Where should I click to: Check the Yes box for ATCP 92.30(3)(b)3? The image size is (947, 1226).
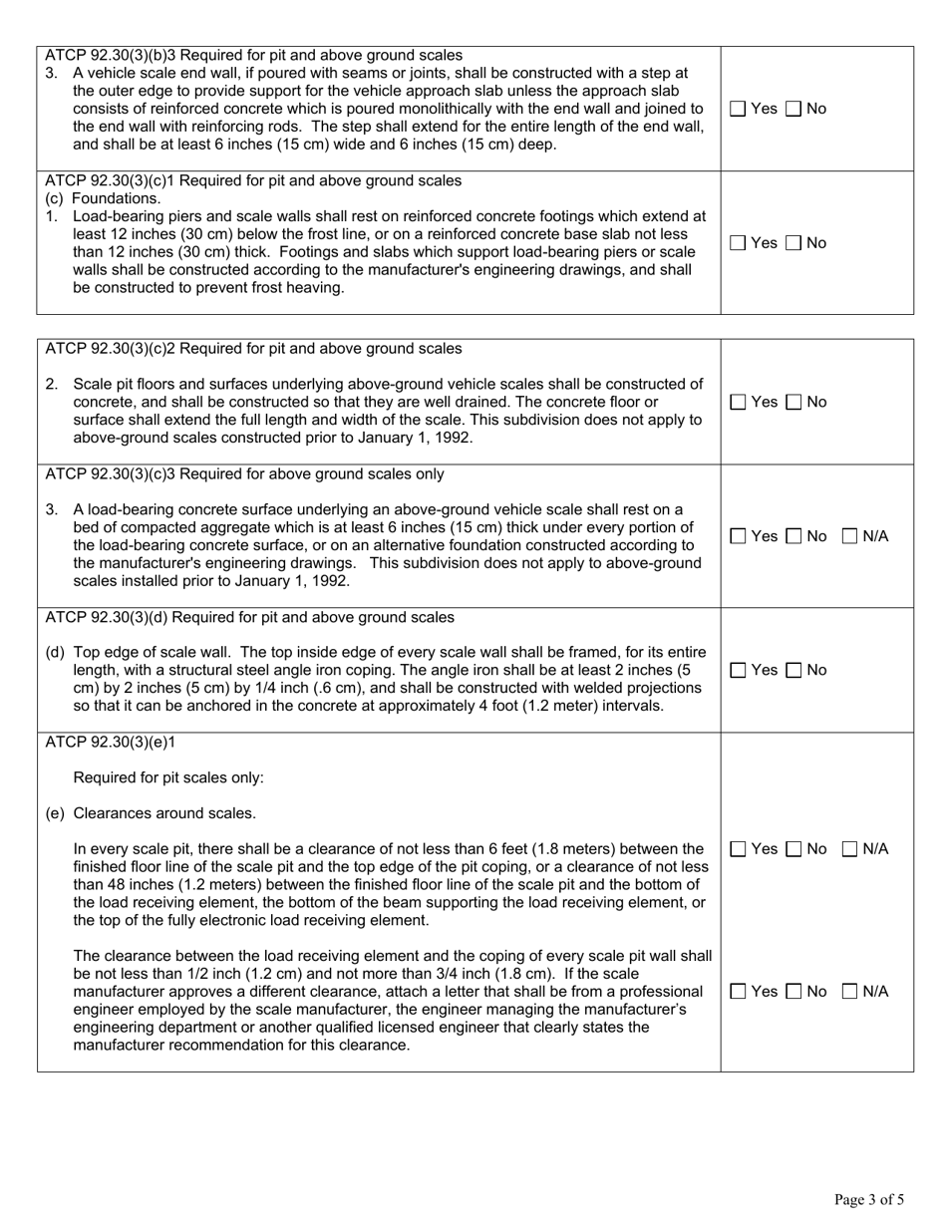(x=738, y=109)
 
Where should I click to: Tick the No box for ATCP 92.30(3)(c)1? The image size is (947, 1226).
(x=793, y=242)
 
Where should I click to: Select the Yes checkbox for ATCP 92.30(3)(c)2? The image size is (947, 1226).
(x=738, y=402)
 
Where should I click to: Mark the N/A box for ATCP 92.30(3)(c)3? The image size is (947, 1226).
(x=850, y=536)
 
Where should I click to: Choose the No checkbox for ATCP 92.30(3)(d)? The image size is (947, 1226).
(x=793, y=671)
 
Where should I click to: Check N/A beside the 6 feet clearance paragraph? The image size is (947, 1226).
(x=850, y=849)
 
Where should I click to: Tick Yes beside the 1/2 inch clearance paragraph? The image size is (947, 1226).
(x=738, y=991)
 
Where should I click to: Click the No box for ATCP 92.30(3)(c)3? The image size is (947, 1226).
(x=793, y=536)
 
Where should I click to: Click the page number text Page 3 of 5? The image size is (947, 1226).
(x=869, y=1200)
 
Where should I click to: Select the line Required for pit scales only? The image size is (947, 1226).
(x=168, y=777)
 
